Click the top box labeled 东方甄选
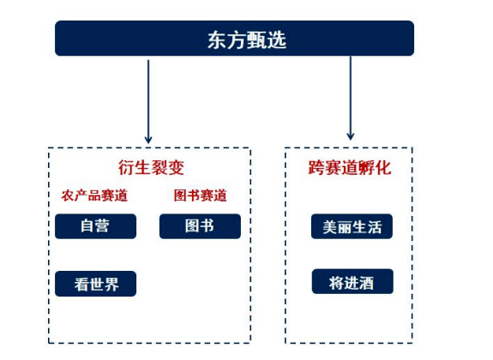234,39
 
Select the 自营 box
95,226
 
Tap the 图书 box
200,226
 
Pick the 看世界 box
95,284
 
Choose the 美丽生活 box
352,226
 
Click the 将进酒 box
352,281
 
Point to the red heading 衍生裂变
151,167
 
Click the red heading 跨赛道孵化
350,167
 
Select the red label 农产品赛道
94,195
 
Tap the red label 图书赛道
201,195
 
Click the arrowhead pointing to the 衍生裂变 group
148,140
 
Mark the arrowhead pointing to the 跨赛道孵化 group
351,136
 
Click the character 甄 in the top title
256,40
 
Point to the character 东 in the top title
217,40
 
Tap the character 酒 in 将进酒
366,283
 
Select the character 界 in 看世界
111,285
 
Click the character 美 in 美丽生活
330,227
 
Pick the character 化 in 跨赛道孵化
383,167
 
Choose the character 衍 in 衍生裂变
126,167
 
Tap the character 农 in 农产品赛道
68,195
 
